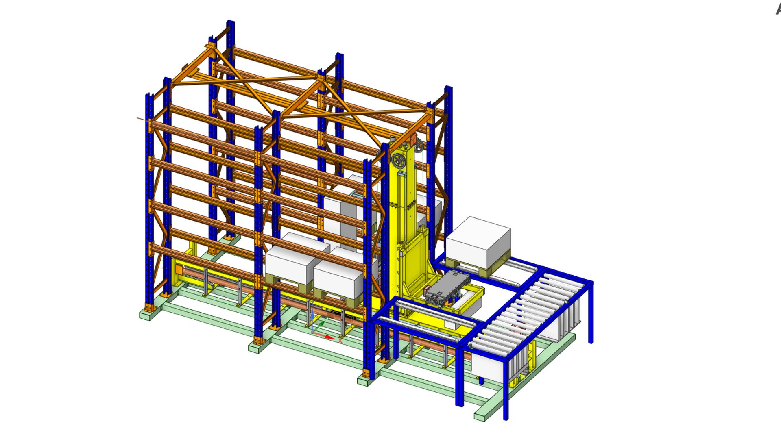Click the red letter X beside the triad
coord(340,340)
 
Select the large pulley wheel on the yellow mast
coord(398,161)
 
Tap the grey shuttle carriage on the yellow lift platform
coord(447,287)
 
